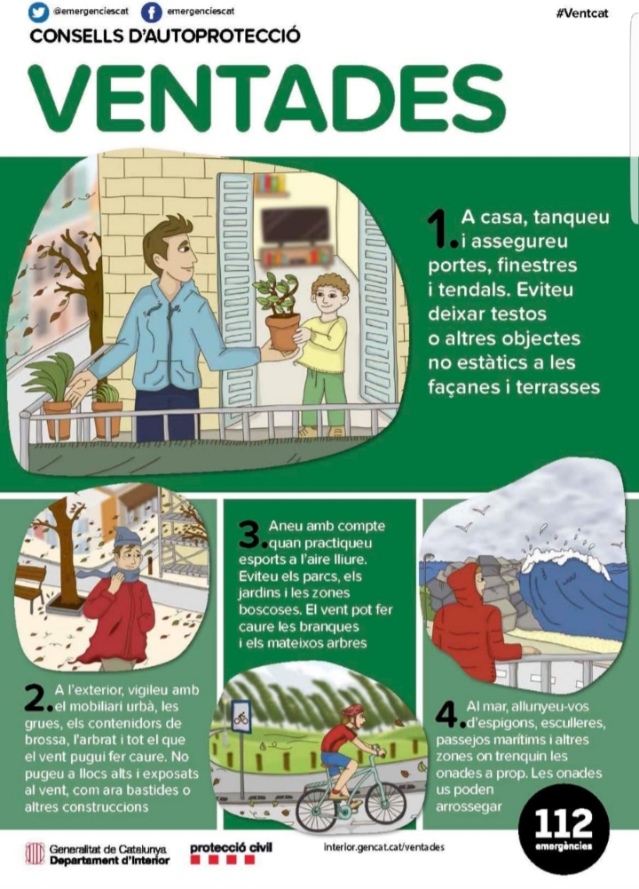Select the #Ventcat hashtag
pyautogui.click(x=582, y=13)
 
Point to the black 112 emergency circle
pyautogui.click(x=564, y=831)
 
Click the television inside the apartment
pyautogui.click(x=295, y=226)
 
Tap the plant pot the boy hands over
pyautogui.click(x=283, y=331)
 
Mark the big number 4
pyautogui.click(x=449, y=715)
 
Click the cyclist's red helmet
pyautogui.click(x=353, y=711)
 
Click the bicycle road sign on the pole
pyautogui.click(x=241, y=717)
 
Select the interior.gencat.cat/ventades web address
pyautogui.click(x=384, y=847)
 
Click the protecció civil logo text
pyautogui.click(x=231, y=847)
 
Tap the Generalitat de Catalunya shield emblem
pyautogui.click(x=35, y=853)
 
